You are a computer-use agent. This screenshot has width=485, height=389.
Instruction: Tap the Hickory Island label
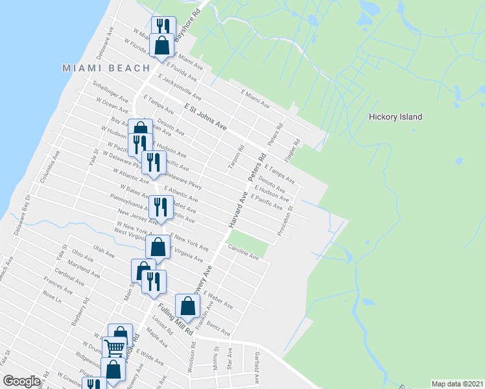tap(395, 117)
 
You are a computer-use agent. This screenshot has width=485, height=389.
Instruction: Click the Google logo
tap(21, 381)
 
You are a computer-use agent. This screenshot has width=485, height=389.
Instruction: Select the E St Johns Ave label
tap(204, 117)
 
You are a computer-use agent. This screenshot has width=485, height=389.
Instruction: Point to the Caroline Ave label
tap(242, 252)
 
